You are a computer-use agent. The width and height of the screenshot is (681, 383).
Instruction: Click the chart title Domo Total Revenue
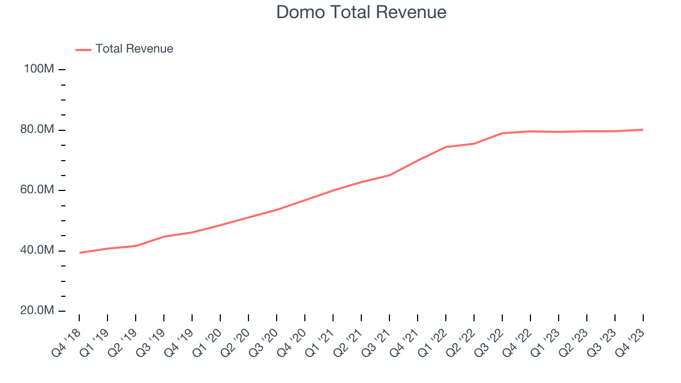(x=361, y=12)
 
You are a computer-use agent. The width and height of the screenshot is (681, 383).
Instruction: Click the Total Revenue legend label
(x=134, y=49)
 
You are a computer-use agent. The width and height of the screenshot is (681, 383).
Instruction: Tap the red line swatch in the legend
(x=84, y=49)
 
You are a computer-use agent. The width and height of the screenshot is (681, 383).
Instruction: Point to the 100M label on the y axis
(x=39, y=69)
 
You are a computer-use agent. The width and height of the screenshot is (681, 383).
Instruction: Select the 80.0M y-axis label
(x=37, y=130)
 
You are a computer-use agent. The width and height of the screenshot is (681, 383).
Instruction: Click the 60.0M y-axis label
(x=37, y=190)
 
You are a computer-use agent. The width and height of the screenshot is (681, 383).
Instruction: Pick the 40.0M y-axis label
(x=37, y=251)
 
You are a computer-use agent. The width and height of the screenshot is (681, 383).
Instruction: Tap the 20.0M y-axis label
(x=37, y=311)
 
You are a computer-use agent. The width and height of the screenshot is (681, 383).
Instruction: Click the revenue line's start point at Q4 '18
(x=80, y=253)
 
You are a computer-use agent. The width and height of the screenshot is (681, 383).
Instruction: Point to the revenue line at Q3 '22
(x=502, y=133)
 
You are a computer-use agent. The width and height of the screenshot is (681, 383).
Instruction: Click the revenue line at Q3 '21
(x=389, y=175)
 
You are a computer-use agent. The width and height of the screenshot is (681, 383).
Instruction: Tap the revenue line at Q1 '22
(x=446, y=147)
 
